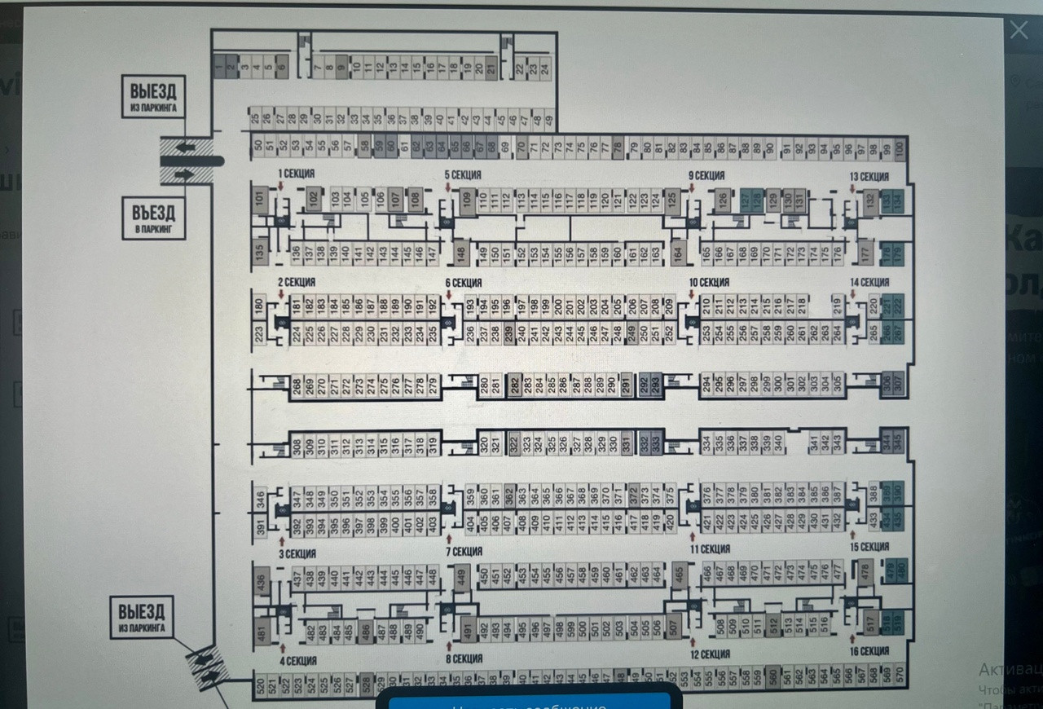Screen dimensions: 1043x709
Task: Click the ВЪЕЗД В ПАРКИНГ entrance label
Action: (154, 218)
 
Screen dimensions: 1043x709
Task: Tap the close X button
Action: (1019, 30)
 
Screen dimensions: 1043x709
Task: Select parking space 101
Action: (260, 198)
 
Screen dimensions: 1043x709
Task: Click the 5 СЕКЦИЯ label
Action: (462, 174)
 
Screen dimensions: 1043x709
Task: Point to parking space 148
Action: (460, 253)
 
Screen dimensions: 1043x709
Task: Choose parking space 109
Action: (467, 200)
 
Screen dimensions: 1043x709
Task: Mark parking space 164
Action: (678, 253)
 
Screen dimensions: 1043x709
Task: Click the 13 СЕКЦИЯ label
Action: (869, 177)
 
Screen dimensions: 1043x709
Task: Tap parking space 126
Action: (722, 199)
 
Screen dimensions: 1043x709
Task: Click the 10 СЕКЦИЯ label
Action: (708, 282)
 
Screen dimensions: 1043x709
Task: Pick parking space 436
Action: (262, 583)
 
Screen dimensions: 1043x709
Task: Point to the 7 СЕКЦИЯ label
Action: (463, 552)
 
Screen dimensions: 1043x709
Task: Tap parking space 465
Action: (680, 575)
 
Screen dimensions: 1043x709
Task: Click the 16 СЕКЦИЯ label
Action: (869, 651)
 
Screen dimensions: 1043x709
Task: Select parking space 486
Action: (364, 630)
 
